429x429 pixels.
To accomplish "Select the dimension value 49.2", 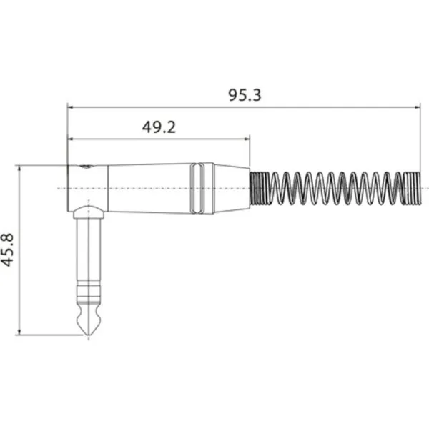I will [x=159, y=127].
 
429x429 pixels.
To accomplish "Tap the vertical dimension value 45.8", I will [x=9, y=250].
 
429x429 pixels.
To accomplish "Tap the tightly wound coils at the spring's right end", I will [x=412, y=188].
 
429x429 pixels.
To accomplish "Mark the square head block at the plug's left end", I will [x=87, y=187].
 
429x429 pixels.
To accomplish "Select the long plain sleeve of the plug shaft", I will [x=88, y=250].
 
